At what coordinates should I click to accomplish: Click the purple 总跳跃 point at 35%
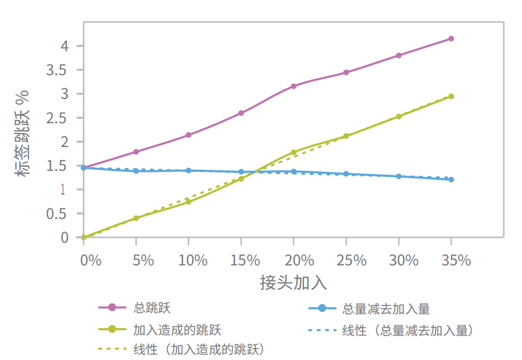pyautogui.click(x=451, y=38)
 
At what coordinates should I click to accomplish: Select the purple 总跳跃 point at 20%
pyautogui.click(x=294, y=86)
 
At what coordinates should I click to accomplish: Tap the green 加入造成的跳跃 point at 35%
pyautogui.click(x=451, y=96)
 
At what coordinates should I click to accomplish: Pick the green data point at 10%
pyautogui.click(x=188, y=202)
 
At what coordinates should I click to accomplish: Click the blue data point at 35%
pyautogui.click(x=451, y=179)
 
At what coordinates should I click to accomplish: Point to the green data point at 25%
pyautogui.click(x=346, y=136)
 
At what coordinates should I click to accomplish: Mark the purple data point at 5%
pyautogui.click(x=136, y=152)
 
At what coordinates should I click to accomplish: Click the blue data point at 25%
pyautogui.click(x=346, y=174)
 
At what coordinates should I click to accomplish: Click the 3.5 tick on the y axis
pyautogui.click(x=56, y=70)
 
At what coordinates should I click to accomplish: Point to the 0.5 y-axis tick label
pyautogui.click(x=56, y=214)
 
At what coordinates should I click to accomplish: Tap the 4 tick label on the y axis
pyautogui.click(x=64, y=46)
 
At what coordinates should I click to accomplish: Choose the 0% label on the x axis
pyautogui.click(x=90, y=261)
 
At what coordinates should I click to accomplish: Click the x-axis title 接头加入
pyautogui.click(x=293, y=283)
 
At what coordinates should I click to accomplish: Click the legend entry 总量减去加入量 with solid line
pyautogui.click(x=386, y=309)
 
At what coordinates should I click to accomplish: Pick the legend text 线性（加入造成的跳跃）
pyautogui.click(x=202, y=349)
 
